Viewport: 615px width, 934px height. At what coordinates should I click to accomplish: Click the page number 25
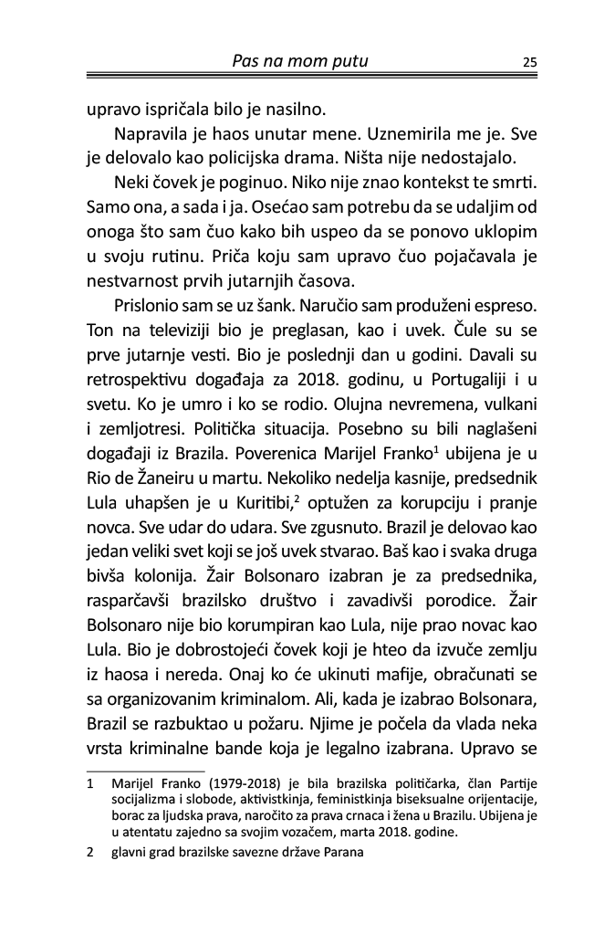click(529, 63)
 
